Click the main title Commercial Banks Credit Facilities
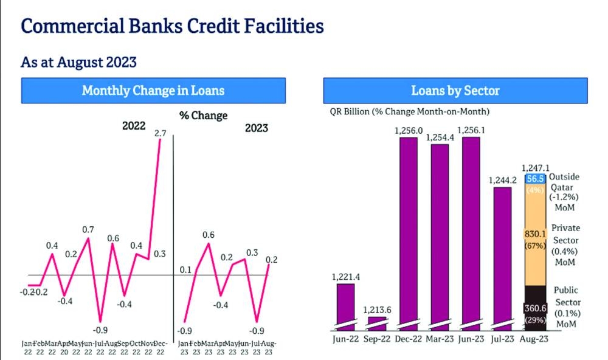172,26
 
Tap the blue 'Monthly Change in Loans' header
153,91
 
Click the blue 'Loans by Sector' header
455,91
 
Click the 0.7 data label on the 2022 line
88,229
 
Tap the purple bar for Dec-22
408,231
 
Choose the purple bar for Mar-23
440,234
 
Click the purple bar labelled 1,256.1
471,231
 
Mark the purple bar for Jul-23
502,255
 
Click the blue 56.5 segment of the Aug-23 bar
535,178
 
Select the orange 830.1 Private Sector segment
535,234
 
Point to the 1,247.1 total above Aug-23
535,167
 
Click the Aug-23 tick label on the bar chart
534,338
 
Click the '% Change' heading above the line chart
203,116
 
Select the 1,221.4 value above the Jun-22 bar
347,277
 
